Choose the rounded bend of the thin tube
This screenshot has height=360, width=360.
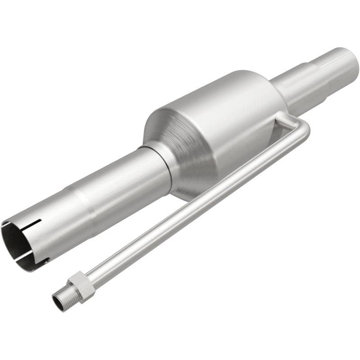304,126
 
